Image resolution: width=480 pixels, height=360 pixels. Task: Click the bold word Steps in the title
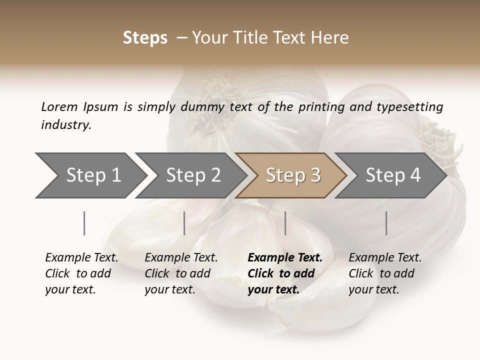coord(145,38)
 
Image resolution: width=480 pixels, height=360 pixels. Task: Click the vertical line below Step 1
coord(84,223)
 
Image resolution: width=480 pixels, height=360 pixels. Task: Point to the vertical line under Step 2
coord(184,223)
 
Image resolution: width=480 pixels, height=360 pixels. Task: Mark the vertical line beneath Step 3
coord(285,223)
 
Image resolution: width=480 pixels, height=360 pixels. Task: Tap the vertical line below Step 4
coord(386,223)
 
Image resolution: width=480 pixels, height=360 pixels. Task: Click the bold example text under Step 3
coord(285,273)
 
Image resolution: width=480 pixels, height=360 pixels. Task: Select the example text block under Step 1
coord(81,273)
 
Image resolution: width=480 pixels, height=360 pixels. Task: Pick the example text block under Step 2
coord(181,273)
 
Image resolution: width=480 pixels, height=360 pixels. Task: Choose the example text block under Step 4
coord(385,273)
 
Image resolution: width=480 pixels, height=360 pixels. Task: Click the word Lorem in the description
coord(59,107)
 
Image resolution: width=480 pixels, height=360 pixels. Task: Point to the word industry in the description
coord(66,125)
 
